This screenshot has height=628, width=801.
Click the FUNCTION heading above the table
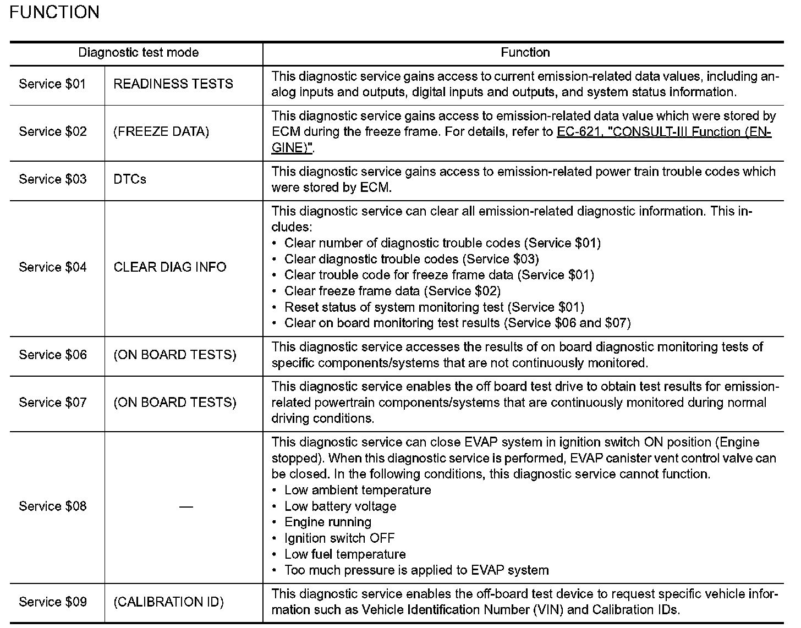[54, 12]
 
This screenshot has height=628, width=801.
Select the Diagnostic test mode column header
[138, 53]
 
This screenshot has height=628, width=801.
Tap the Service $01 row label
[52, 84]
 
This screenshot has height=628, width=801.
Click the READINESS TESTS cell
[173, 84]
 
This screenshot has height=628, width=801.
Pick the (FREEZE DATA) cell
[161, 132]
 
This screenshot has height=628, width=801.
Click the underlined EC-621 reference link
[663, 132]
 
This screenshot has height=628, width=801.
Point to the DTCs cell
[130, 179]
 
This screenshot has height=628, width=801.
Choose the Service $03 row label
[52, 179]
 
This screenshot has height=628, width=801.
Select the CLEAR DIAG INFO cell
[170, 267]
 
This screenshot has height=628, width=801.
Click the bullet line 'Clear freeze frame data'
[392, 291]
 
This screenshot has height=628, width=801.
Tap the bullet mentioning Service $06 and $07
[457, 323]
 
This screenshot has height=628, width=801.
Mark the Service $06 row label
[52, 355]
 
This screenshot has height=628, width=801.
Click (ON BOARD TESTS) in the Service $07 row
[175, 403]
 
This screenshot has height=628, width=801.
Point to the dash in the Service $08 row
[186, 506]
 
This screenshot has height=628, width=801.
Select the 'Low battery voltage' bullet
[339, 506]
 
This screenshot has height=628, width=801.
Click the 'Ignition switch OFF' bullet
[339, 538]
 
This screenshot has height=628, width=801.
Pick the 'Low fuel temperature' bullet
[344, 554]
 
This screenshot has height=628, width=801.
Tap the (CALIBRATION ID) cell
[168, 602]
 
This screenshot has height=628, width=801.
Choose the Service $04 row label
[52, 267]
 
